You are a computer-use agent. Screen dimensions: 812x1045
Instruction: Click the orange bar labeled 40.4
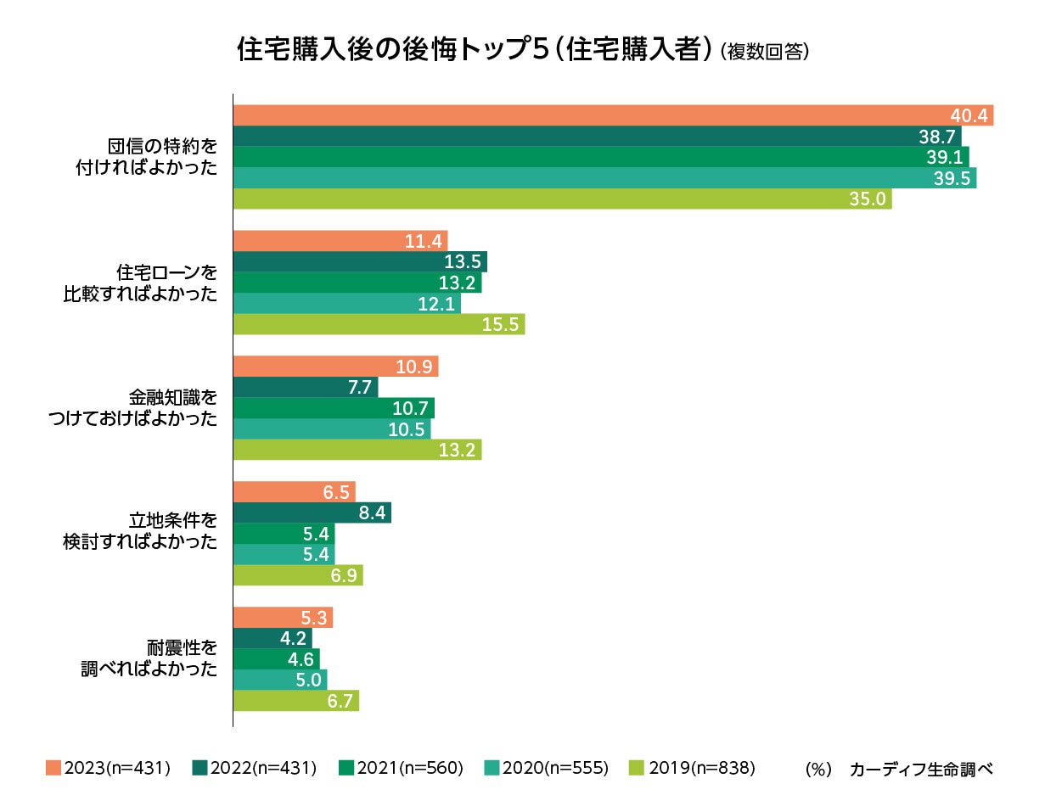point(612,115)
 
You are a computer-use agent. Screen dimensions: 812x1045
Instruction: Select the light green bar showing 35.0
point(562,199)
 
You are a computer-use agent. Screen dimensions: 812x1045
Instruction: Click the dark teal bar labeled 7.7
point(305,388)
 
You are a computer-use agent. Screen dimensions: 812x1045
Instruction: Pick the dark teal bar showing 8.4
point(312,512)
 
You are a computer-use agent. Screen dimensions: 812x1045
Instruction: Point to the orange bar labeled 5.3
point(283,617)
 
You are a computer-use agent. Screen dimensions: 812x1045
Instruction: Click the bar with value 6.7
point(295,701)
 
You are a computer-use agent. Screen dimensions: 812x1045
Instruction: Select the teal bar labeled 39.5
point(604,177)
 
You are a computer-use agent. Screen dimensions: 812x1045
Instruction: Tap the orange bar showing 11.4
point(340,241)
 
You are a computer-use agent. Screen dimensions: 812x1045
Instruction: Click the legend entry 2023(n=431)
point(108,769)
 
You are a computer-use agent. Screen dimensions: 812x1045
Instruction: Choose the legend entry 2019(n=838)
point(693,769)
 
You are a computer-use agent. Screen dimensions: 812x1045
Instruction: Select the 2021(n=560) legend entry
point(401,769)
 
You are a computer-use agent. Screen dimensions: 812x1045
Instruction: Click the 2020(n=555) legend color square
point(491,769)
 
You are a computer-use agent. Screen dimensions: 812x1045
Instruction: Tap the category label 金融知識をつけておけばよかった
point(140,407)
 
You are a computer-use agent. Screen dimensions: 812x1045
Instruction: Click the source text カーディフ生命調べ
point(921,770)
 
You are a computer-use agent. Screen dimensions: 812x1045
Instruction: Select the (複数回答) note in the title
point(763,53)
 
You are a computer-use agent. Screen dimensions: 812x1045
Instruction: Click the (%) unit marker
point(817,770)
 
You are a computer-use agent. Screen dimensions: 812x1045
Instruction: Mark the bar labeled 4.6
point(276,659)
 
